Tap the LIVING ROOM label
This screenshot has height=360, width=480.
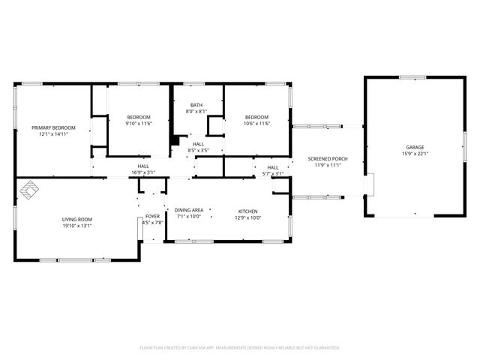(x=77, y=219)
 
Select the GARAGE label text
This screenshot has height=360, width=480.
(x=415, y=147)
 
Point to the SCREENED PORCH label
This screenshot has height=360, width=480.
(x=328, y=159)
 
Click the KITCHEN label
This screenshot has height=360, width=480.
(x=249, y=211)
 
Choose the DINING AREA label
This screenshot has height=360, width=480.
(x=189, y=210)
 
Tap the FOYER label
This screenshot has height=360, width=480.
(x=152, y=216)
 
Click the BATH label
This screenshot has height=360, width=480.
(x=196, y=105)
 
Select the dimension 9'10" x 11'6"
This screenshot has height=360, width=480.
(x=139, y=124)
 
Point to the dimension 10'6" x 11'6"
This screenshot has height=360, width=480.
(x=256, y=124)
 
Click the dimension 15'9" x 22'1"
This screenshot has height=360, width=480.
(x=415, y=154)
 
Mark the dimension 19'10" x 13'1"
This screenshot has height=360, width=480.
(x=77, y=226)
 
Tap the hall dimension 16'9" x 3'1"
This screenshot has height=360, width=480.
(x=143, y=172)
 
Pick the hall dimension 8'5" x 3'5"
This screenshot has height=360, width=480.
(x=198, y=150)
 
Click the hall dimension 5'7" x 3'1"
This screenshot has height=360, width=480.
(x=273, y=173)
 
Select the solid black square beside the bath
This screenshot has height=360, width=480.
(x=175, y=139)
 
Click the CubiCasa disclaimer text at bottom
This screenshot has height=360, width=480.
(x=240, y=347)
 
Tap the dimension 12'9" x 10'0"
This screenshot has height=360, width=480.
(x=249, y=217)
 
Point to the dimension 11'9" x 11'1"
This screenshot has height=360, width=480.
(x=328, y=166)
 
